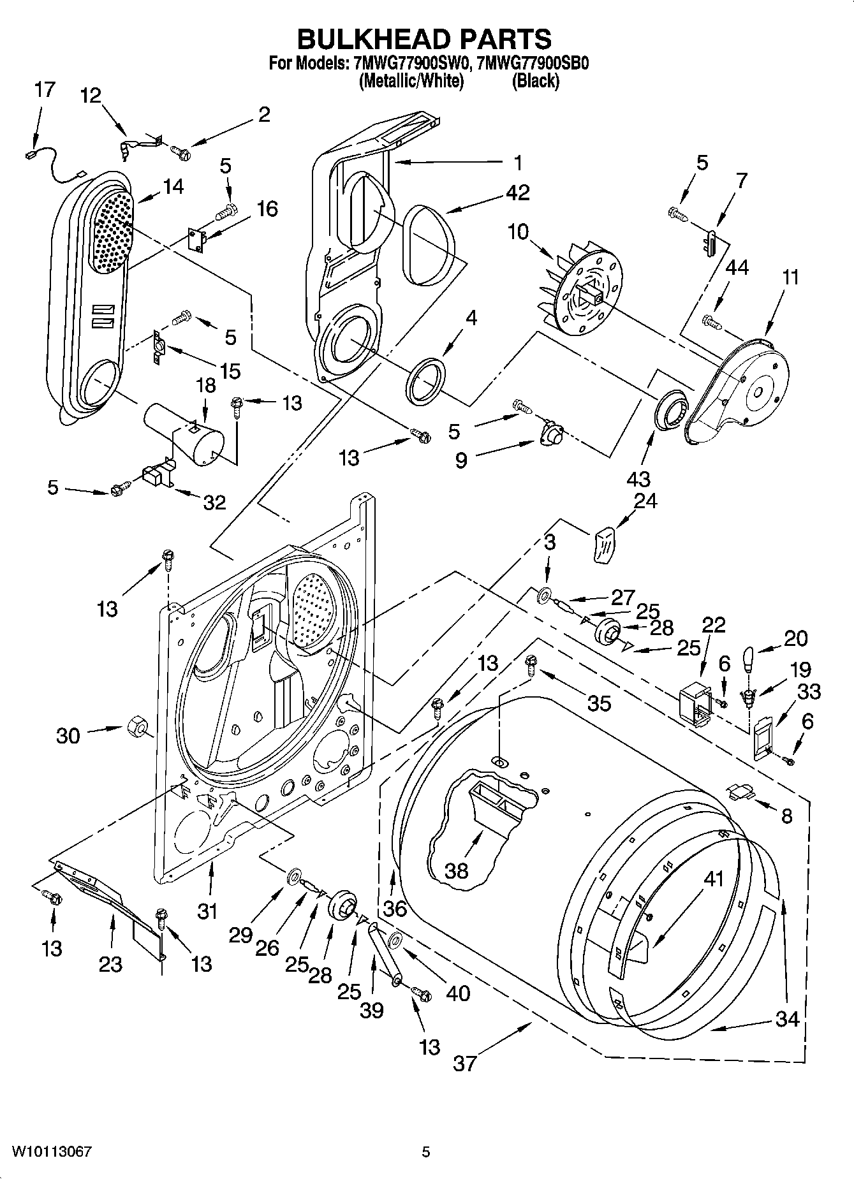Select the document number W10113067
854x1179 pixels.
pos(51,1152)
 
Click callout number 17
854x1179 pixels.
pos(44,89)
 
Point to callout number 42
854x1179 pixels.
pos(517,192)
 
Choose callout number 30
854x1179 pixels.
pos(68,736)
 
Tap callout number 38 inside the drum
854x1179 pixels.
pos(457,870)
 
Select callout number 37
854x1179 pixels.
pos(464,1063)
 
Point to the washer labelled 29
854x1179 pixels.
pos(295,877)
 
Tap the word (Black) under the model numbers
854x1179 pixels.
pos(536,81)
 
